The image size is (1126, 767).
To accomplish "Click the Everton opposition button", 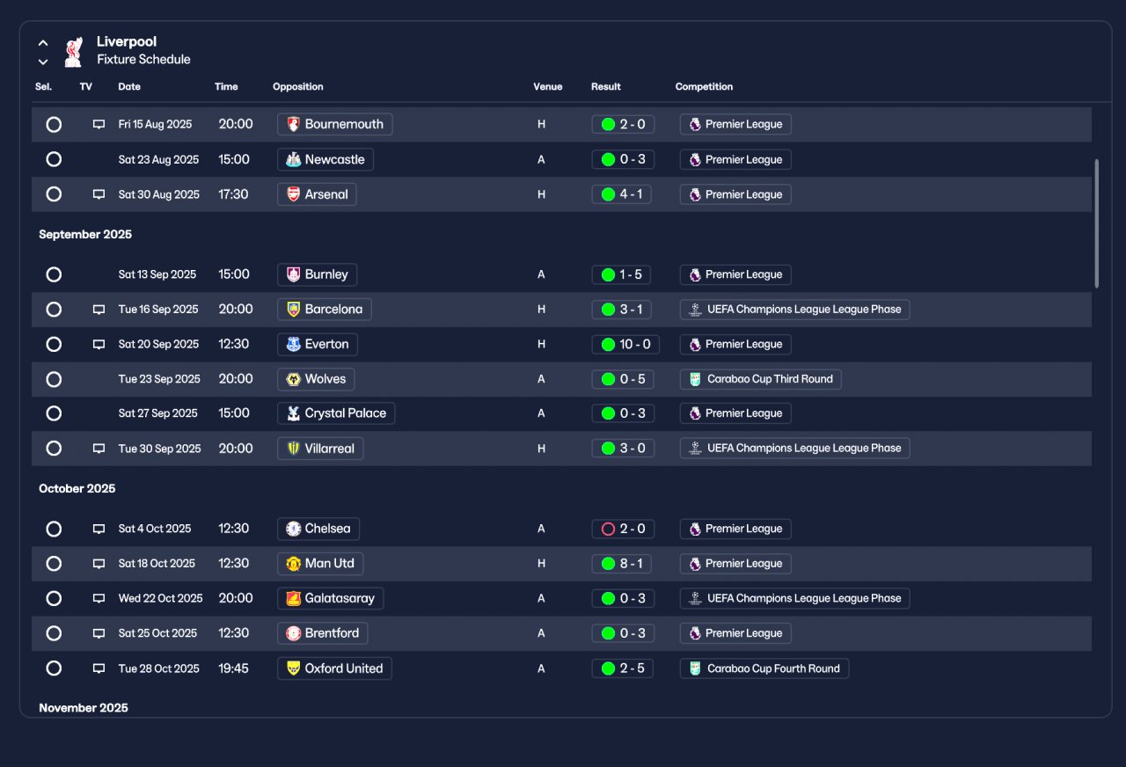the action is [318, 344].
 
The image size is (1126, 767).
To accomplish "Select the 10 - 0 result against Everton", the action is [625, 344].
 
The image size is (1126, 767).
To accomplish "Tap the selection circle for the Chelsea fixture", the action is [54, 529].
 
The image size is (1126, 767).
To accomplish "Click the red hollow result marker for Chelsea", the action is [608, 529].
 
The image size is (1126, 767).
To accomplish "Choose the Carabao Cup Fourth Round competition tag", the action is [764, 668].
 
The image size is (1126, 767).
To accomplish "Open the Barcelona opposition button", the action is [325, 309].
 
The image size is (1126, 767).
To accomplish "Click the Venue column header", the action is [547, 86].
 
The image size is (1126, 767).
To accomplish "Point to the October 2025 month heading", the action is [77, 488].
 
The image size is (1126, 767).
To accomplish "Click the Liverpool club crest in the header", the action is [73, 51].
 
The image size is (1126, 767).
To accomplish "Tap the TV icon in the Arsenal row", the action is [99, 194].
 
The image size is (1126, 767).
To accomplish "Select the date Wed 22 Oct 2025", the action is [160, 598].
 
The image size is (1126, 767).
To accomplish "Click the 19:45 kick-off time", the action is [233, 668].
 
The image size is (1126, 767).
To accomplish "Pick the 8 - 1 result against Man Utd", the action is [621, 564].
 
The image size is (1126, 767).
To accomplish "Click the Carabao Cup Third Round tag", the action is [761, 379].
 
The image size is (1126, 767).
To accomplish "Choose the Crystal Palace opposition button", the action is [336, 413].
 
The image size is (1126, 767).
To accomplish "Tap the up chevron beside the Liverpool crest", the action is [43, 43].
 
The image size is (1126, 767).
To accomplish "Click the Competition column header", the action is [704, 86].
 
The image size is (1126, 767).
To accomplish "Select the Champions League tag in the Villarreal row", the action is [794, 449].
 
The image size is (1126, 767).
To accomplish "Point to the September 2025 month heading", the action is [85, 234].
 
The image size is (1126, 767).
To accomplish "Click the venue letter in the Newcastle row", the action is [541, 159].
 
